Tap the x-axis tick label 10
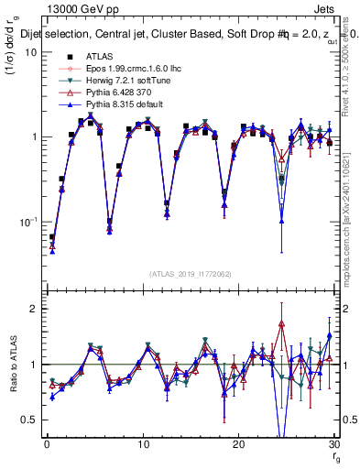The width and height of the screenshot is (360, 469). (x=142, y=443)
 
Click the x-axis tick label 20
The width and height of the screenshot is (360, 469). (x=238, y=443)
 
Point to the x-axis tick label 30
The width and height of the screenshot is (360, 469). (x=333, y=443)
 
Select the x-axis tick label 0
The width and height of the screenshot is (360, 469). (x=47, y=443)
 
